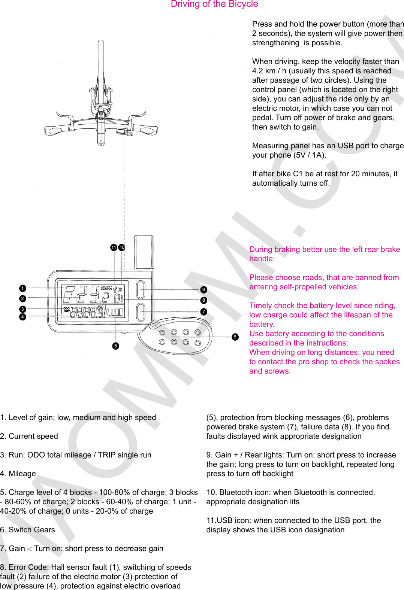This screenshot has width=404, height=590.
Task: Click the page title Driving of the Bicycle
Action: tap(214, 4)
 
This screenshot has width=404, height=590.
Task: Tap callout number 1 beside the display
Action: tap(22, 288)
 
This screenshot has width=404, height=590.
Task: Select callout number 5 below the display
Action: tap(115, 346)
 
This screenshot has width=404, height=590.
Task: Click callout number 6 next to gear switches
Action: tap(235, 337)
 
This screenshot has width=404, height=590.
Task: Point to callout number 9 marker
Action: tap(203, 290)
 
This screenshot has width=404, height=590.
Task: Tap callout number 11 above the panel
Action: tap(114, 247)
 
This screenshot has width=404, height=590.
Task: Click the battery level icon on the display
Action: tap(115, 312)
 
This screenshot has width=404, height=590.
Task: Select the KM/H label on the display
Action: tap(106, 289)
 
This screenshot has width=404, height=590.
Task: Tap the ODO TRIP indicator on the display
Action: tap(66, 310)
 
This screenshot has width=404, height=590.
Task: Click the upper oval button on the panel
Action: tap(141, 290)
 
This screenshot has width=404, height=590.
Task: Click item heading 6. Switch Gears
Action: tap(27, 530)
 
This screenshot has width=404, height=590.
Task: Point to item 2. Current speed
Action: tap(29, 436)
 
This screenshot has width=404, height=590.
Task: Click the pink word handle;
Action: tap(262, 259)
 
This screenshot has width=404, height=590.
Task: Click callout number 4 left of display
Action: tap(22, 317)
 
